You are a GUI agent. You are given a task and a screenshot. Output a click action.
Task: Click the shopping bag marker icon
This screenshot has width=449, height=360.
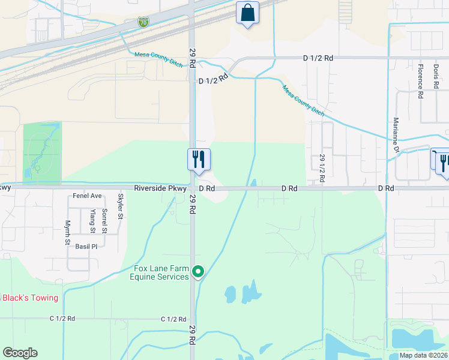coord(247,13)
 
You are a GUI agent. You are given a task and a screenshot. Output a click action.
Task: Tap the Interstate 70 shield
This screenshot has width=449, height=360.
coord(143,23)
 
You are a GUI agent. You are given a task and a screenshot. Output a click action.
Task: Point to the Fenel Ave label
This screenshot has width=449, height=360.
coord(88,196)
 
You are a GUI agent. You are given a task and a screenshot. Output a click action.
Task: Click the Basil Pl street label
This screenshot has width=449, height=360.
coord(86,246)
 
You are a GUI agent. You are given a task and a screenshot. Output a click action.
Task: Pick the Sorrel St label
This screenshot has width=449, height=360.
coord(104,220)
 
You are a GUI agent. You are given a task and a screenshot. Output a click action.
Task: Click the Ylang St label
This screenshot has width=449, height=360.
coord(92,221)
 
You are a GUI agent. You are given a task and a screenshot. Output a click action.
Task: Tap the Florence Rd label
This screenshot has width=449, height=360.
coord(421,81)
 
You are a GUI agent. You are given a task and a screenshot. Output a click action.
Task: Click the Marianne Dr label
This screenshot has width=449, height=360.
coord(396,136)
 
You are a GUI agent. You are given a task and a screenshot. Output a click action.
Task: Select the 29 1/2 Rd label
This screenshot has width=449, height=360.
coord(322,169)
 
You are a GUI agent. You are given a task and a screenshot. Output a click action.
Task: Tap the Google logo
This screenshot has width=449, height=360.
coord(20,353)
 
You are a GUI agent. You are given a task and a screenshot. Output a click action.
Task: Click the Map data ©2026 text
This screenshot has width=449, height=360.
coord(423,355)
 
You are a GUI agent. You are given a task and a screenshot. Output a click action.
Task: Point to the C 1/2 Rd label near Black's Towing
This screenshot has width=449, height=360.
coord(63,319)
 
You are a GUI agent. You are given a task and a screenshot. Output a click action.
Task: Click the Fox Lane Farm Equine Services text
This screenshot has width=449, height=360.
coord(160,272)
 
